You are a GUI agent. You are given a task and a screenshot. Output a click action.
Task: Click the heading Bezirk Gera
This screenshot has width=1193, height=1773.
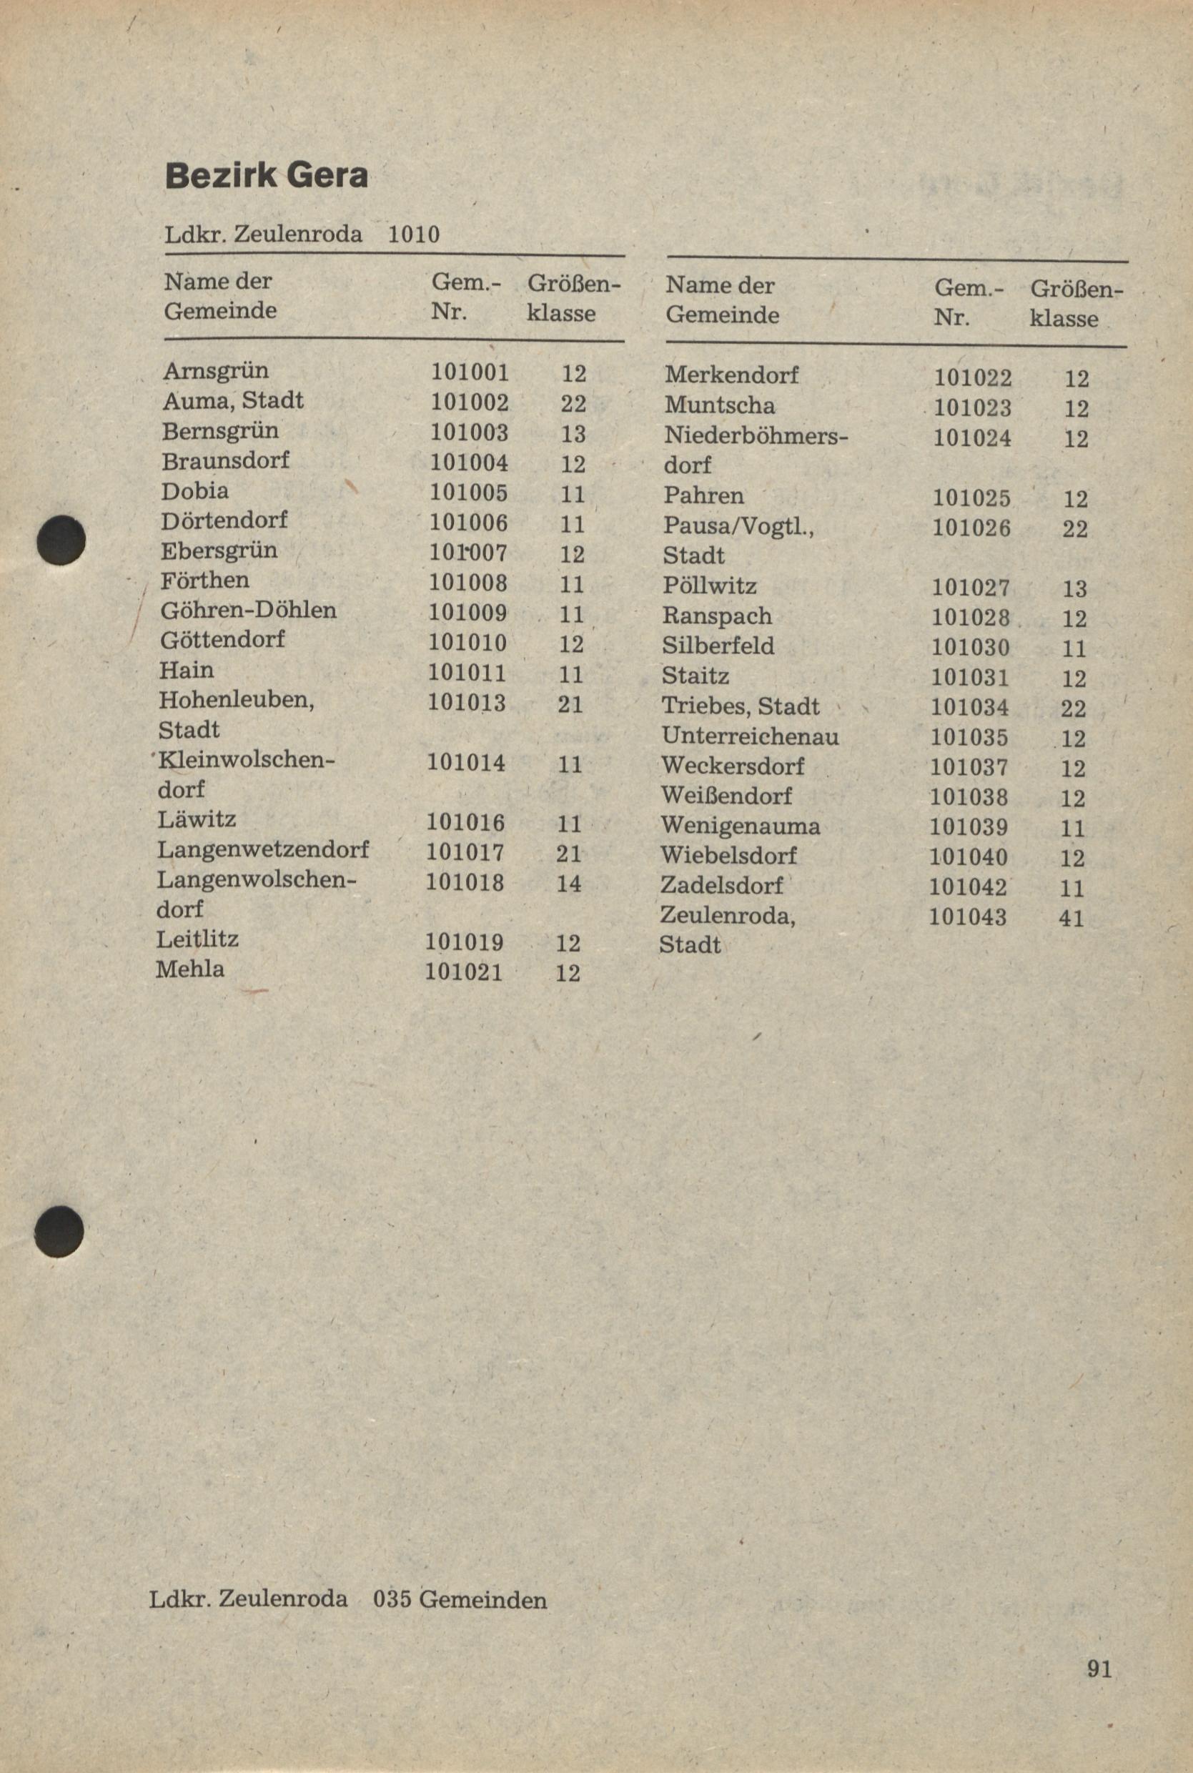tap(267, 177)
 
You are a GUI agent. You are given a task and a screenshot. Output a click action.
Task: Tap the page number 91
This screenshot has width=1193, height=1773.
tap(1099, 1670)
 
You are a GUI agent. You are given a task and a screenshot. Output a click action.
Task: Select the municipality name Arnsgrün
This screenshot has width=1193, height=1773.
tap(215, 370)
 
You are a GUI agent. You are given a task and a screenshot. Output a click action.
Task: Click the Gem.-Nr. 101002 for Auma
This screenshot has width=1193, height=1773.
tap(470, 402)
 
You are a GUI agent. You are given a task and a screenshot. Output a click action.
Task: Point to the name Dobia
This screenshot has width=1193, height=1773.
tap(194, 491)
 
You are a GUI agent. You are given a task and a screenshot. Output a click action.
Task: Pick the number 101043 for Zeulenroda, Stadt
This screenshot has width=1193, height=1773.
tap(968, 917)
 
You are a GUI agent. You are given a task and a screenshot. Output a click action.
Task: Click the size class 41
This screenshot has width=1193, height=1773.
tap(1071, 919)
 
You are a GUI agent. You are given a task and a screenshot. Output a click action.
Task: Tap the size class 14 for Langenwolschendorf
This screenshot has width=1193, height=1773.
tap(568, 884)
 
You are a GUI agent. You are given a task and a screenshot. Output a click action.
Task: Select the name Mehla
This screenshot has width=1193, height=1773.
tap(190, 969)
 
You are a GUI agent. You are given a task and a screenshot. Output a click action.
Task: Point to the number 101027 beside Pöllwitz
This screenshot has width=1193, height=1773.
tap(971, 588)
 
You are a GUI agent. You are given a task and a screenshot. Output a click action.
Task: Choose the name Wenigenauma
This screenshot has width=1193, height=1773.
tap(741, 826)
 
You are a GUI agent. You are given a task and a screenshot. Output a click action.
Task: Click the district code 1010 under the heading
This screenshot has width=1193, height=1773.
tap(413, 234)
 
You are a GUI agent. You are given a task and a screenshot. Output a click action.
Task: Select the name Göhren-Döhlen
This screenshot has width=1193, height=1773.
tap(248, 610)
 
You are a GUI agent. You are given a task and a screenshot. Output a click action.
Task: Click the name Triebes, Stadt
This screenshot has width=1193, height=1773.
tap(741, 706)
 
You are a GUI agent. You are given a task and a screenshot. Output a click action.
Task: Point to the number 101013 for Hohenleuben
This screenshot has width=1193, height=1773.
tap(465, 701)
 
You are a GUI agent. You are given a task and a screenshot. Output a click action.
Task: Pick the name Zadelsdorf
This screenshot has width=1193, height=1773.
tap(721, 886)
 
